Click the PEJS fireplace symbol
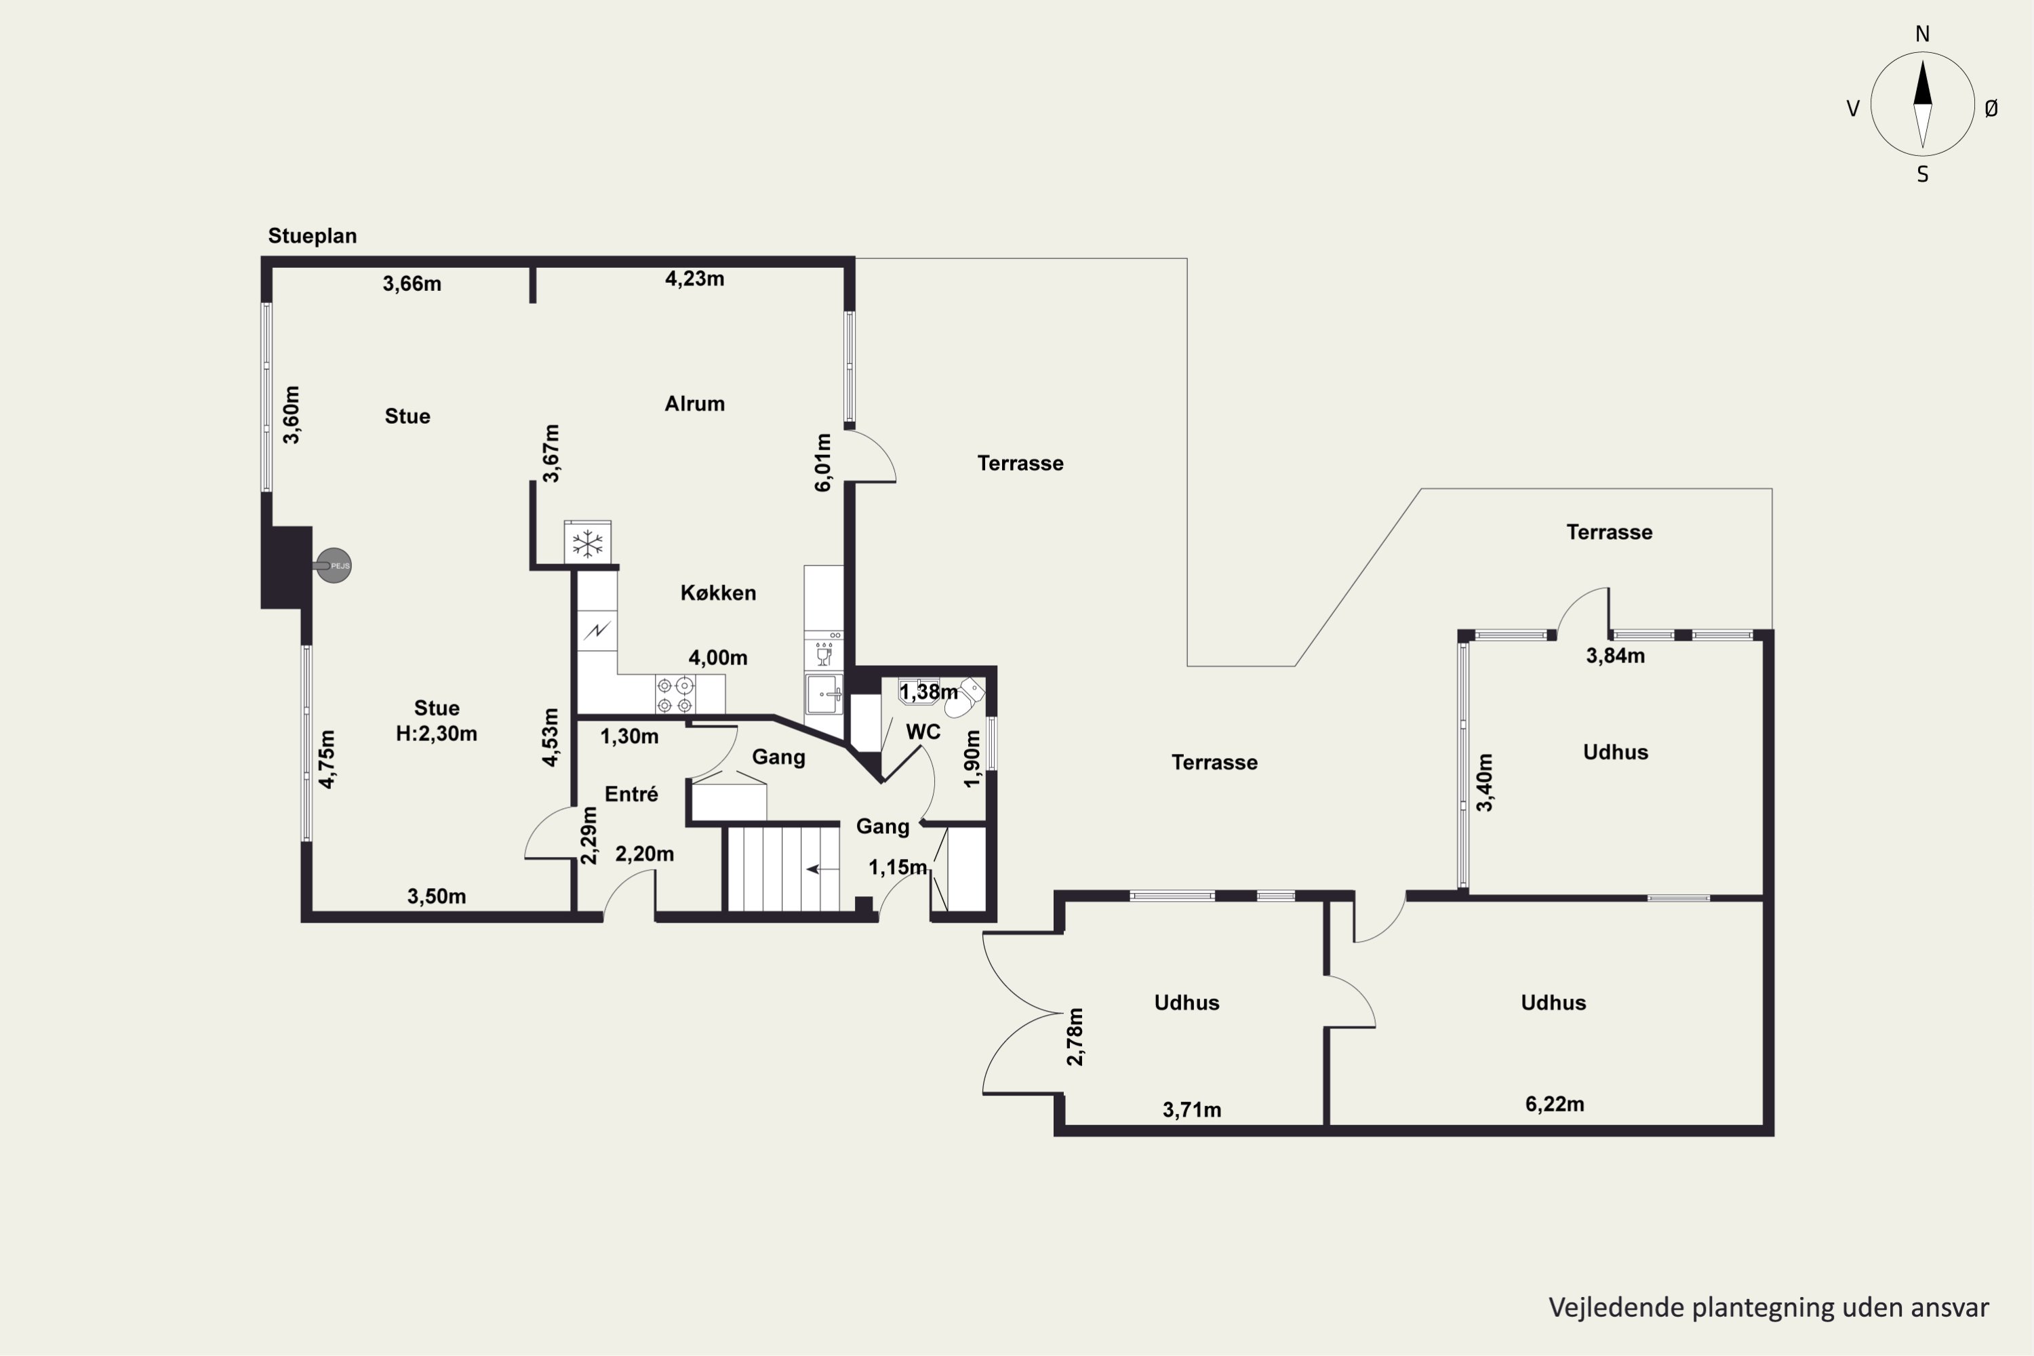(x=334, y=565)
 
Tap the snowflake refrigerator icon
(x=588, y=544)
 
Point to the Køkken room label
(x=718, y=593)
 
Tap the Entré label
(x=631, y=794)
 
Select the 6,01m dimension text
(x=822, y=462)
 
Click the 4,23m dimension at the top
(x=694, y=279)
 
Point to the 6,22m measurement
(x=1554, y=1104)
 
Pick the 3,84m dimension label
(x=1614, y=656)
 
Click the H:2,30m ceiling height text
(x=437, y=734)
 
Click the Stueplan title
(x=312, y=236)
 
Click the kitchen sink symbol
(x=824, y=694)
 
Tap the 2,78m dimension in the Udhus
(x=1075, y=1036)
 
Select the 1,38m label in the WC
(x=929, y=692)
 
